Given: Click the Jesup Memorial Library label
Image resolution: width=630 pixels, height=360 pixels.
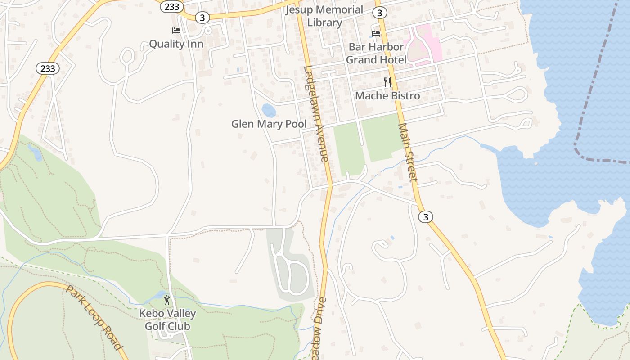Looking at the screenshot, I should click(324, 16).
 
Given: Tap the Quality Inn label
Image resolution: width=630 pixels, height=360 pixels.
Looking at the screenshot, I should click(176, 44).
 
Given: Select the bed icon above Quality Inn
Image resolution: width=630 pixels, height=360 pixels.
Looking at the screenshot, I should click(176, 31).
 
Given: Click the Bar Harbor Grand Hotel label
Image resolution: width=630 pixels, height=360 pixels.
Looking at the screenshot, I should click(376, 53).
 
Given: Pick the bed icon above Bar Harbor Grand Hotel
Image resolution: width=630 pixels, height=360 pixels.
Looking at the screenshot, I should click(376, 33).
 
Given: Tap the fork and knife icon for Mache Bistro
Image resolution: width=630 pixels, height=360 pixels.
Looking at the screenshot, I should click(387, 82).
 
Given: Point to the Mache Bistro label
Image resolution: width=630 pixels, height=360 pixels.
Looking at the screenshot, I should click(387, 96).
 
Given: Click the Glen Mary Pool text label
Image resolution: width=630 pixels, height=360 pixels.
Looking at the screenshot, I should click(269, 124).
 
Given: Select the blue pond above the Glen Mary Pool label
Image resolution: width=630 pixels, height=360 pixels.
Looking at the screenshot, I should click(269, 110).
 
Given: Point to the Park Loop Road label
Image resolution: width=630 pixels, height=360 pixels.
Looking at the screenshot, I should click(94, 317).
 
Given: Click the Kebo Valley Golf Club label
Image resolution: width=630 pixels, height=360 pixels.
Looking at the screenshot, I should click(167, 320).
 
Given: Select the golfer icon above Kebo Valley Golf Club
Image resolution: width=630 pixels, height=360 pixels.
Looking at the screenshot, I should click(167, 300).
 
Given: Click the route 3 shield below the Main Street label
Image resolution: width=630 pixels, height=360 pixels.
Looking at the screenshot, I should click(425, 217).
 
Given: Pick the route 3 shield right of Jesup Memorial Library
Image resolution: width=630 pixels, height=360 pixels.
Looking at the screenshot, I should click(380, 12).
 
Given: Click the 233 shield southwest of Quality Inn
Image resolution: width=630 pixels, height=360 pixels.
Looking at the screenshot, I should click(48, 68).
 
